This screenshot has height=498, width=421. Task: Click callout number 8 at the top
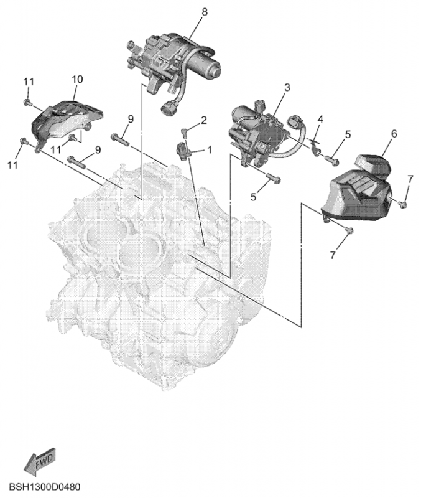(205, 12)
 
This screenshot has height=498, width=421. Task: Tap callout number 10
(77, 80)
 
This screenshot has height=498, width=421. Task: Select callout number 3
(287, 87)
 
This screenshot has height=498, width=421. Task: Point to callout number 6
(394, 134)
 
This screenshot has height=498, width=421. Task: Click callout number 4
(320, 120)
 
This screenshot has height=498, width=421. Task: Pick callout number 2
(204, 120)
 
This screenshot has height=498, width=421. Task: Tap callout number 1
(210, 149)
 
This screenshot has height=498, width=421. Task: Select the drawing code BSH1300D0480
(45, 487)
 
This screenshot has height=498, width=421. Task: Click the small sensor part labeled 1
(183, 150)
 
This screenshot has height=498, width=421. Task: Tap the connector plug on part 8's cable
(167, 108)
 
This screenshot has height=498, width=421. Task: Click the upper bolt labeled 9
(119, 139)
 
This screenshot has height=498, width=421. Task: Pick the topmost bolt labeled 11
(27, 102)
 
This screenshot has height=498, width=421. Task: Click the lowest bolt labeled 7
(349, 229)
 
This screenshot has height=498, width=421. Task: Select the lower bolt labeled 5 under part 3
(274, 178)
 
